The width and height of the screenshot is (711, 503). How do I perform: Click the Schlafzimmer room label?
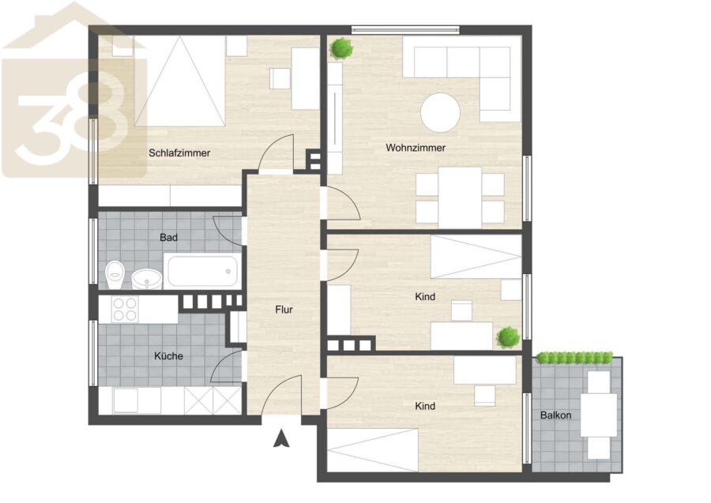click(x=179, y=153)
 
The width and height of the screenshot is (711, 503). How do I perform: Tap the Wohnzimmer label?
click(x=416, y=148)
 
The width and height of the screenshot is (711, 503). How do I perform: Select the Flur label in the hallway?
click(x=284, y=310)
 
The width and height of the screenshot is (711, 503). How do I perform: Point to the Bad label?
click(x=168, y=237)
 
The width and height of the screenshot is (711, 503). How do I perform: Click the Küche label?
click(x=169, y=356)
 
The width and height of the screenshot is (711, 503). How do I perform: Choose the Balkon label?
click(x=555, y=415)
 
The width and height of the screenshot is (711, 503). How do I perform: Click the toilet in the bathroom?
click(x=115, y=275)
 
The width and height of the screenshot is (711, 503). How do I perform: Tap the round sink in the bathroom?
click(x=146, y=278)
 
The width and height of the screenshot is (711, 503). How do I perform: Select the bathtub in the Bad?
click(x=202, y=271)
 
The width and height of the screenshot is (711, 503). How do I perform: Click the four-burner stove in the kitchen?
click(x=125, y=309)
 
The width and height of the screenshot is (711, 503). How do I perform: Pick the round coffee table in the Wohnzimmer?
click(x=440, y=112)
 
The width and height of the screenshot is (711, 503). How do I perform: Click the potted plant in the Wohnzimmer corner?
click(x=341, y=47)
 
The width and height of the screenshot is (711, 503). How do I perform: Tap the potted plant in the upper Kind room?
click(x=508, y=337)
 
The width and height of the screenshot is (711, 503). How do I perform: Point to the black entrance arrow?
click(x=281, y=439)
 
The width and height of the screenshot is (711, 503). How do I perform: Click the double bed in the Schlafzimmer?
click(x=179, y=81)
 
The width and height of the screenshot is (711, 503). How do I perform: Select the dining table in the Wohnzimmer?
click(x=460, y=197)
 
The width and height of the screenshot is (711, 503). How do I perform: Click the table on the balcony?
click(x=599, y=415)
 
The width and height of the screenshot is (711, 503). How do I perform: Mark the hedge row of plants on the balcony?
click(x=574, y=358)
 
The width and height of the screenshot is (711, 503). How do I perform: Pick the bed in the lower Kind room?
click(x=372, y=449)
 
